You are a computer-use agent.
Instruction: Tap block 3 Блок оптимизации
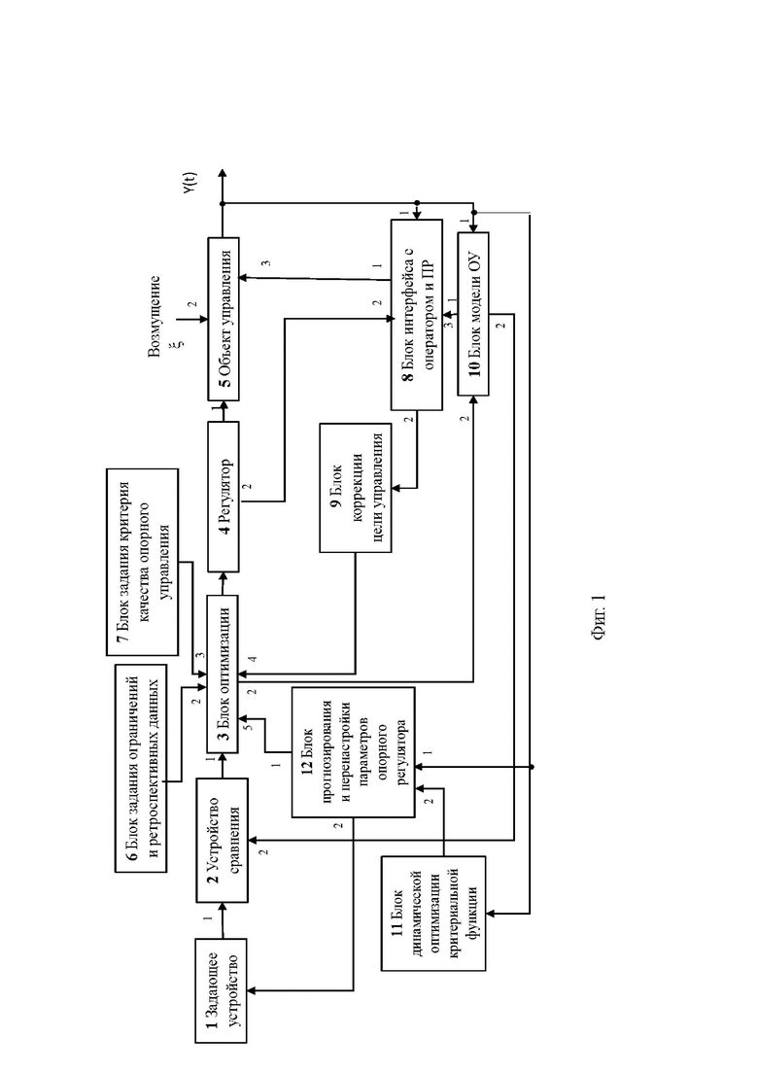pos(223,674)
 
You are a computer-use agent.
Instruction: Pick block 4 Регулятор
pos(223,497)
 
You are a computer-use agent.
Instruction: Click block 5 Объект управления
pos(224,319)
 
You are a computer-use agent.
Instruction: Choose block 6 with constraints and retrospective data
pos(141,768)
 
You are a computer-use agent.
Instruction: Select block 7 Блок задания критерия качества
pos(142,562)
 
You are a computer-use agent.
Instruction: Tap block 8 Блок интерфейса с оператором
pos(416,315)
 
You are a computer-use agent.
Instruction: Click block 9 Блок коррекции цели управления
pos(355,488)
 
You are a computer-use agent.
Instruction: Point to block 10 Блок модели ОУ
pos(473,314)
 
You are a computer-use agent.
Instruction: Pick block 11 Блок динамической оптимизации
pos(432,913)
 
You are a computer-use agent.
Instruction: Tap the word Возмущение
pos(155,316)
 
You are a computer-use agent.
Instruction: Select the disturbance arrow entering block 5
pos(192,319)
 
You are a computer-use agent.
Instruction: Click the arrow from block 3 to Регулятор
pos(223,583)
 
